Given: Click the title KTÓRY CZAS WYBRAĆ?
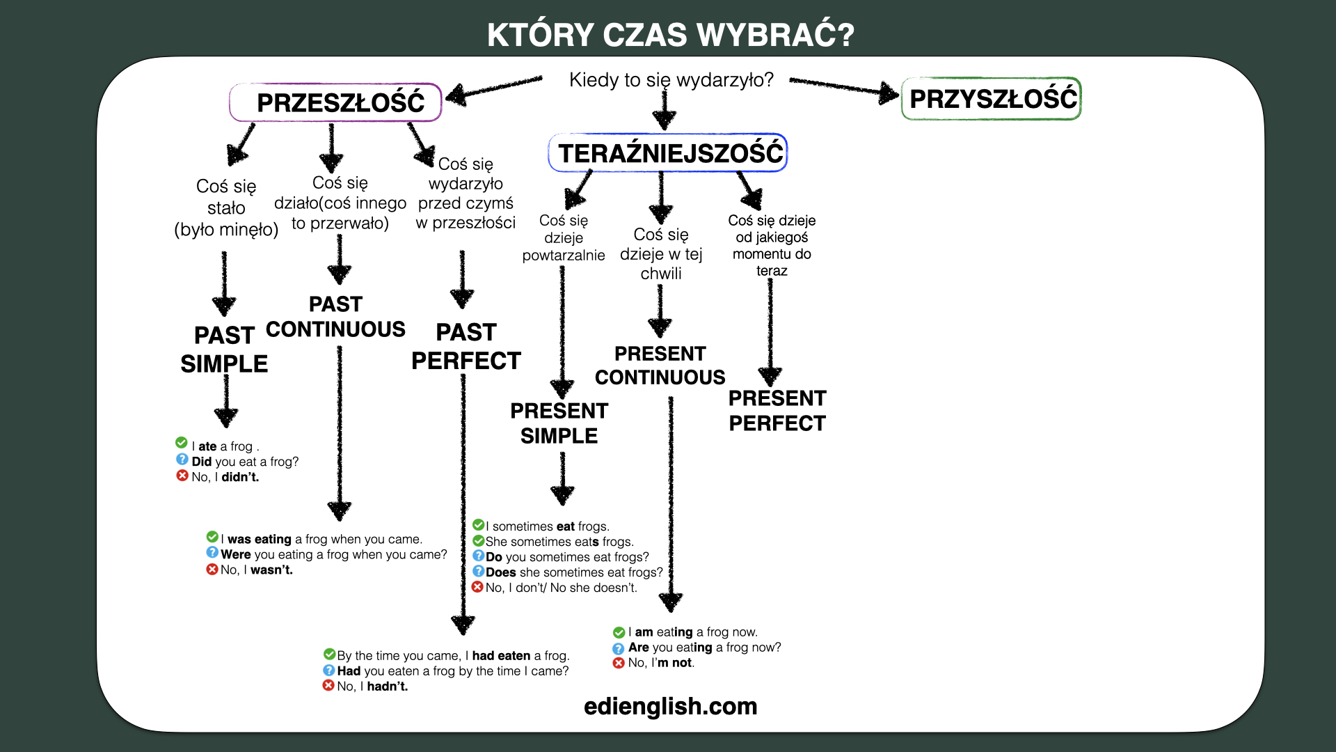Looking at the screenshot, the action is coord(671,35).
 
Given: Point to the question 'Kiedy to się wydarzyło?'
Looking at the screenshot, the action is coord(671,80).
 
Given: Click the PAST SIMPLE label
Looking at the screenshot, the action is coord(224,350).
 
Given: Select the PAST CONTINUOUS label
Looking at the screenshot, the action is coord(335,317).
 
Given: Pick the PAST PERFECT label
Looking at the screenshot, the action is coord(466,347).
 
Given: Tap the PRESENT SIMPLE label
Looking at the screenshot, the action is coord(559,423).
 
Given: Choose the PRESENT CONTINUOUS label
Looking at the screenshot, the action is coord(660,366).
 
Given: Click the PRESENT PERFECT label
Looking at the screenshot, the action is coord(777,411).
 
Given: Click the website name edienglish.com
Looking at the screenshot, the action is coord(671,706).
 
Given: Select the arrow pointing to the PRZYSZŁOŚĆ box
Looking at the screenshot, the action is coord(845,88).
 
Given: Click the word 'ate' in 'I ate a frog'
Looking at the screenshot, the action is coord(207,446).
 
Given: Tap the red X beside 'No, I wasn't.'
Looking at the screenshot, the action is coord(212,570).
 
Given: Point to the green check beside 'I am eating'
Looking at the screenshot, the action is coord(619,632).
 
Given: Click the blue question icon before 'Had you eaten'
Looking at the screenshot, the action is coord(329,671).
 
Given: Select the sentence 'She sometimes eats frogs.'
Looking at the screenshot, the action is coord(559,542).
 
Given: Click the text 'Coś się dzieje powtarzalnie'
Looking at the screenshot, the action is coord(564,238).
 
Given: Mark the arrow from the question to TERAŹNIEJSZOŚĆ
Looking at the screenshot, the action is coord(665,111).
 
